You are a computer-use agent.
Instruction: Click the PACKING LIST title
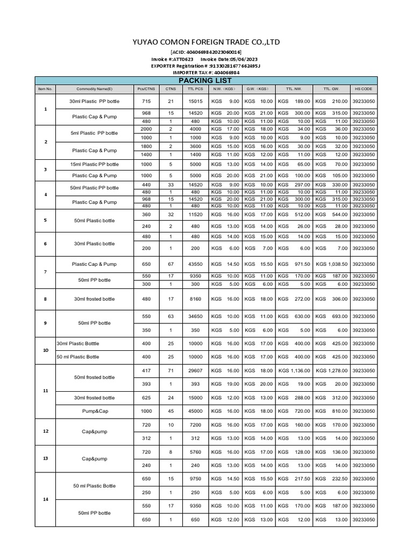pos(208,80)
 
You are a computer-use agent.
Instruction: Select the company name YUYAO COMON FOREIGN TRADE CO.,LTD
pos(206,43)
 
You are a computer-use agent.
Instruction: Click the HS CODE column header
pos(364,89)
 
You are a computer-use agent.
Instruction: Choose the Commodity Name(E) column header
pos(95,89)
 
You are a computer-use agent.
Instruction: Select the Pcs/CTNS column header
pos(146,89)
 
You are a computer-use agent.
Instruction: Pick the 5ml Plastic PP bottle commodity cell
pos(95,133)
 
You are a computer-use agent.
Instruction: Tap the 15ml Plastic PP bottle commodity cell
pos(95,164)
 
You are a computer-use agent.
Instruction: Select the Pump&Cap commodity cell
pos(95,410)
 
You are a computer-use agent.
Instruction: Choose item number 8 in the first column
pos(45,299)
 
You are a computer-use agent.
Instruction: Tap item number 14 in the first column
pos(45,499)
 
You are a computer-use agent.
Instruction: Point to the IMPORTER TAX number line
pos(206,72)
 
